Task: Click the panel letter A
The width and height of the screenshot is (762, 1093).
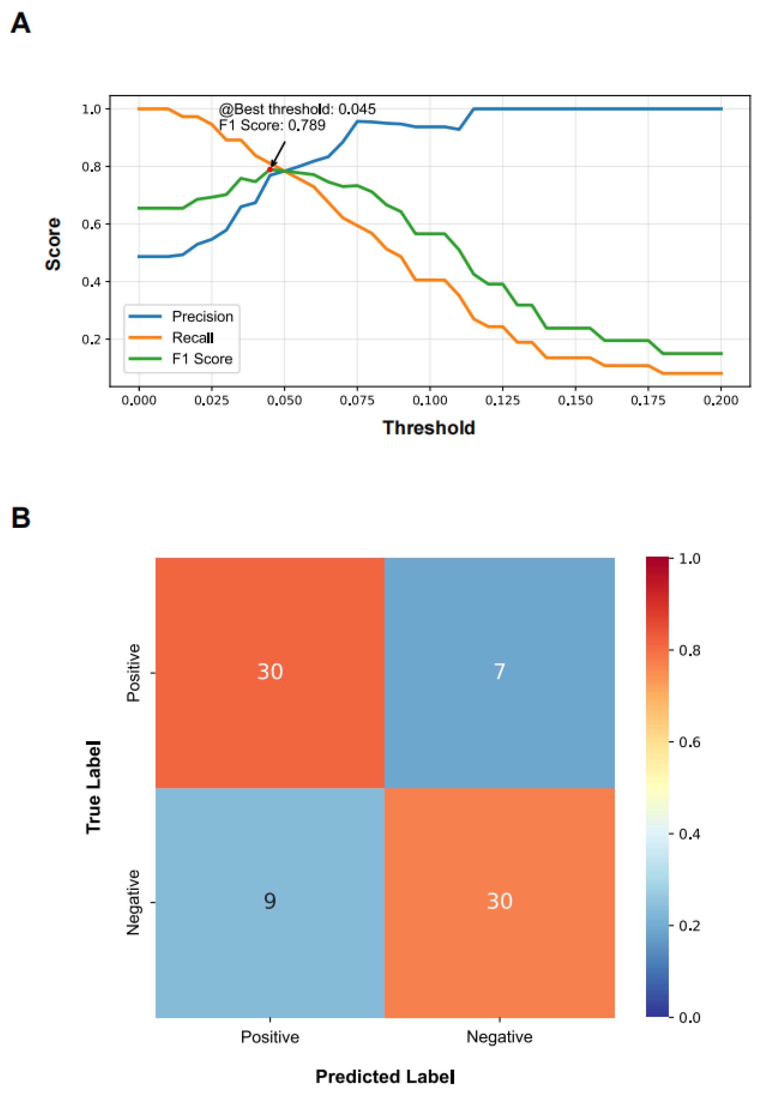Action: (20, 23)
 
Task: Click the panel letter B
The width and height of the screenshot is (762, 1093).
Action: (20, 518)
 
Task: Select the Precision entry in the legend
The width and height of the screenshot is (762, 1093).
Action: (181, 316)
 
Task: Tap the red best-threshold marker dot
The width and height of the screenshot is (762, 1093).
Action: (270, 170)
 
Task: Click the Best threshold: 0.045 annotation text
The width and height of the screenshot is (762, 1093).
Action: (297, 109)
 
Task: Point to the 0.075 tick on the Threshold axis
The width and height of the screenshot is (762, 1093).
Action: (357, 400)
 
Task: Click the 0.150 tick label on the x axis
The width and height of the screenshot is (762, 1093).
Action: (575, 400)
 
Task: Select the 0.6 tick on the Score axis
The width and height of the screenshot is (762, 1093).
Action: (91, 224)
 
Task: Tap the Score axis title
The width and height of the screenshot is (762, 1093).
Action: (53, 244)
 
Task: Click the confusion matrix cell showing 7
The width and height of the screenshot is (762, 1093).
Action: (499, 672)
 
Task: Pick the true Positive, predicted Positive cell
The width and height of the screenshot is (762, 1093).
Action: (270, 672)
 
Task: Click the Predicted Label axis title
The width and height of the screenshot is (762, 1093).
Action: (385, 1076)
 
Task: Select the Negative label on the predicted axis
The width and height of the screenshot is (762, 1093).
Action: (499, 1037)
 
